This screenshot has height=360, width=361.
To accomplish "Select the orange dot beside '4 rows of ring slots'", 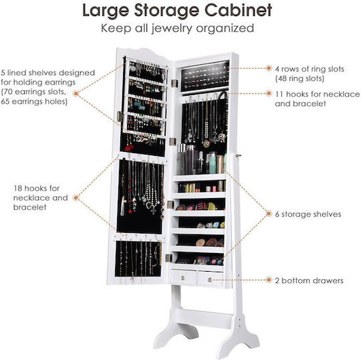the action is coord(269,68).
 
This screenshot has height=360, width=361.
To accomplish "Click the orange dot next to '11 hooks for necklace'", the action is coord(269,93).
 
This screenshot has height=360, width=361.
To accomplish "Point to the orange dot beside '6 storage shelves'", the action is coord(269,213).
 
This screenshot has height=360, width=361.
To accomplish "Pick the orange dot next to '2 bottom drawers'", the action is coord(269,280).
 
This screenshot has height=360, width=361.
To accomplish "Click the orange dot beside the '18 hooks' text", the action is coord(76,197).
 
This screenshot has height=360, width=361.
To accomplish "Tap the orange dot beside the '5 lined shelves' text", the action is coord(76,93).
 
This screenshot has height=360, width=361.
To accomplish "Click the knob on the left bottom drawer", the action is coord(183,278).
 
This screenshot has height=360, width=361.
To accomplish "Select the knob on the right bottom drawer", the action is coord(210,280).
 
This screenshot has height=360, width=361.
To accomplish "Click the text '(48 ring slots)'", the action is coord(299,78).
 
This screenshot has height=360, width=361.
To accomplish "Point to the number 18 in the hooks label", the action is coord(17,188).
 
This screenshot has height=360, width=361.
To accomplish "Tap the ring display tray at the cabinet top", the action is coord(205,76).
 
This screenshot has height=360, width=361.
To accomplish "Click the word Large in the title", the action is coord(106,11).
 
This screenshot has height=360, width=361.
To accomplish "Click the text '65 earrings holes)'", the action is coord(34,102).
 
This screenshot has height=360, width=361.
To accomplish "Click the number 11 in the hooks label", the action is coord(279,94).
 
